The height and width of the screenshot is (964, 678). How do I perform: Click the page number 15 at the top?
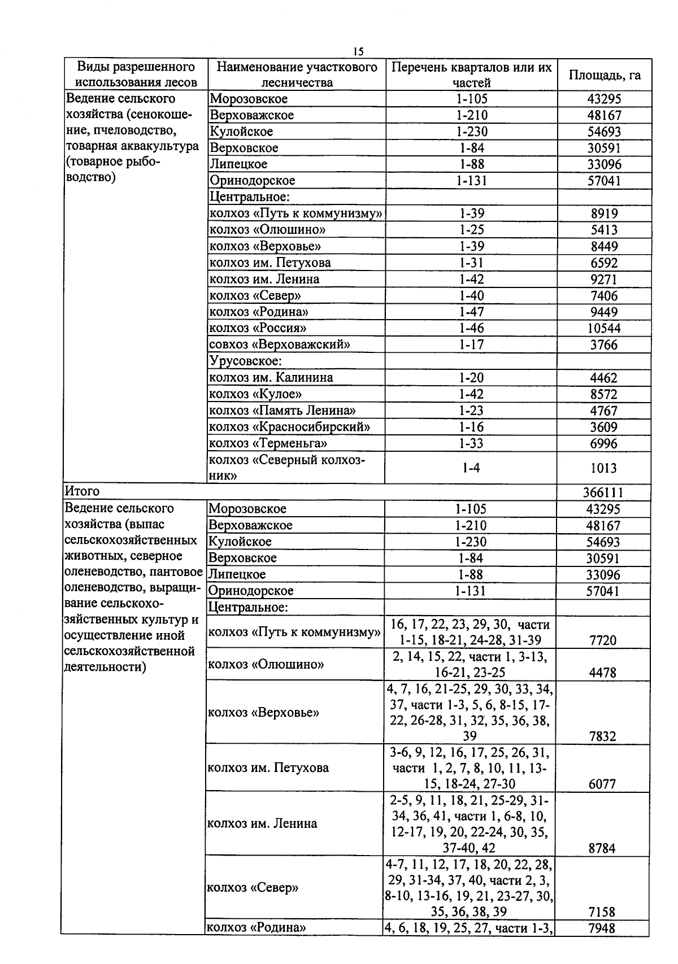358,52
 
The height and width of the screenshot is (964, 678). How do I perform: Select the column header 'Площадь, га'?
604,75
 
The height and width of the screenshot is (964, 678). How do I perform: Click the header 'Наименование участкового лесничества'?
297,75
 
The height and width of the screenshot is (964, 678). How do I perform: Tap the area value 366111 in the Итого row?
603,492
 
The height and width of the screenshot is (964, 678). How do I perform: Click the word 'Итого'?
82,491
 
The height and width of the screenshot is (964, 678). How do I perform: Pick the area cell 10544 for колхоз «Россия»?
603,329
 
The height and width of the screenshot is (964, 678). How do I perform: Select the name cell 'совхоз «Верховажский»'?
280,344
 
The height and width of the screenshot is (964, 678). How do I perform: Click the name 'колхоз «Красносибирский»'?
289,426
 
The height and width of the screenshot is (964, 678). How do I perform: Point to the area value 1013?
603,468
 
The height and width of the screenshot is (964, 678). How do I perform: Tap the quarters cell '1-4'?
471,468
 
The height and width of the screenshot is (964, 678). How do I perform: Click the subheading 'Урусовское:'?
246,361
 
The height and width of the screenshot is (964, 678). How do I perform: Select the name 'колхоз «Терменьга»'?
268,443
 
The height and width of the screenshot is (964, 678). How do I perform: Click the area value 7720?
603,640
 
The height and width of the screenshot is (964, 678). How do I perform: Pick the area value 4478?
603,673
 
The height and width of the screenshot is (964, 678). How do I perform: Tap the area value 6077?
602,784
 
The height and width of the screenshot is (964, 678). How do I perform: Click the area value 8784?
602,848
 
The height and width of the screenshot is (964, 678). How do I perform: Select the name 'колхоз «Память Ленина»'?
282,411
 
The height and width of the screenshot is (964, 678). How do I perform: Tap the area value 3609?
603,427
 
